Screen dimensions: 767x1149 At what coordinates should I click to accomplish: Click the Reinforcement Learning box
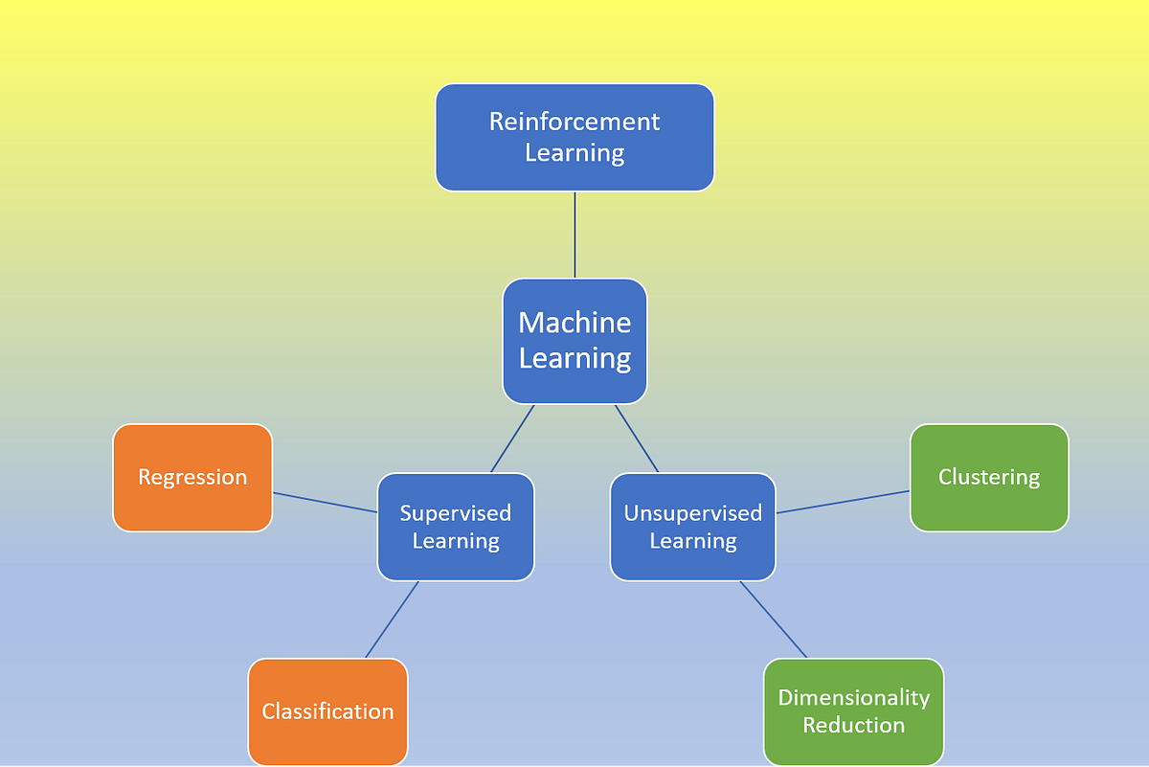click(574, 137)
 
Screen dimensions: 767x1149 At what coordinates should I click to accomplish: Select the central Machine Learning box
click(574, 340)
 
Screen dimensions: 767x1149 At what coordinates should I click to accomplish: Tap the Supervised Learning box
click(456, 527)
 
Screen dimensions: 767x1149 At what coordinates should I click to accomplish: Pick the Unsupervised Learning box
click(692, 527)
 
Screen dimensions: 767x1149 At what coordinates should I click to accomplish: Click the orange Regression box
click(192, 477)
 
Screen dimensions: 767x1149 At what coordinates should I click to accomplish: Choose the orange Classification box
click(327, 711)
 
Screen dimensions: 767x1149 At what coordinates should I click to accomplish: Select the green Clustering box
click(989, 477)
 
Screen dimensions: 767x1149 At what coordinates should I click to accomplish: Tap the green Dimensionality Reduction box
click(853, 711)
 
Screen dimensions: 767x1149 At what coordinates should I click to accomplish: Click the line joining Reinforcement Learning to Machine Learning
click(574, 235)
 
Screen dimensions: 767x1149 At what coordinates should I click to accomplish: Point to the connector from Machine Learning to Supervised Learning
click(512, 438)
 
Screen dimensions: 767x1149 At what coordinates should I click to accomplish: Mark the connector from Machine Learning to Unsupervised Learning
click(637, 438)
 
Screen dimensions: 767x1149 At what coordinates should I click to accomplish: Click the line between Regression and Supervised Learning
click(325, 502)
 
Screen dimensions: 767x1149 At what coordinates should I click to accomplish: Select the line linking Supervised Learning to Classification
click(393, 619)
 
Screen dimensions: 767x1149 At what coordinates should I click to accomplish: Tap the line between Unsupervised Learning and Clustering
click(843, 502)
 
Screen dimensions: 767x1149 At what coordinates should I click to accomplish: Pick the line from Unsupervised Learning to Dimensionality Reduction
click(774, 620)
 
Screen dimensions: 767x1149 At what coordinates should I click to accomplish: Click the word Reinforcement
click(574, 122)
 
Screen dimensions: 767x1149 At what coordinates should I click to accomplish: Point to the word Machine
click(574, 323)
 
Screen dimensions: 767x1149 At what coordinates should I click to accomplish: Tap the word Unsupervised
click(692, 513)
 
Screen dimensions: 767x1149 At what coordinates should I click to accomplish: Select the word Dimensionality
click(853, 697)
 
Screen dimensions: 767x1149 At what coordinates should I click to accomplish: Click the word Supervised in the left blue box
click(456, 513)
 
